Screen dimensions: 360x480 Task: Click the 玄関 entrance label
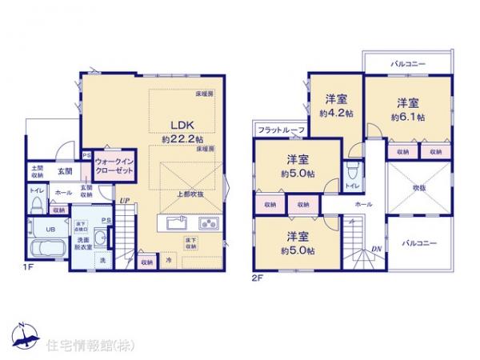[x=65, y=170]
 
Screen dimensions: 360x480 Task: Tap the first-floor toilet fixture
[x=35, y=205]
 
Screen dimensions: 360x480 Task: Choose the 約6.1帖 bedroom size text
[x=407, y=117]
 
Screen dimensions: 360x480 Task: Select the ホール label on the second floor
[x=364, y=205]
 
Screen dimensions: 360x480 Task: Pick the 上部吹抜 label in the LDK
[x=190, y=194]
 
